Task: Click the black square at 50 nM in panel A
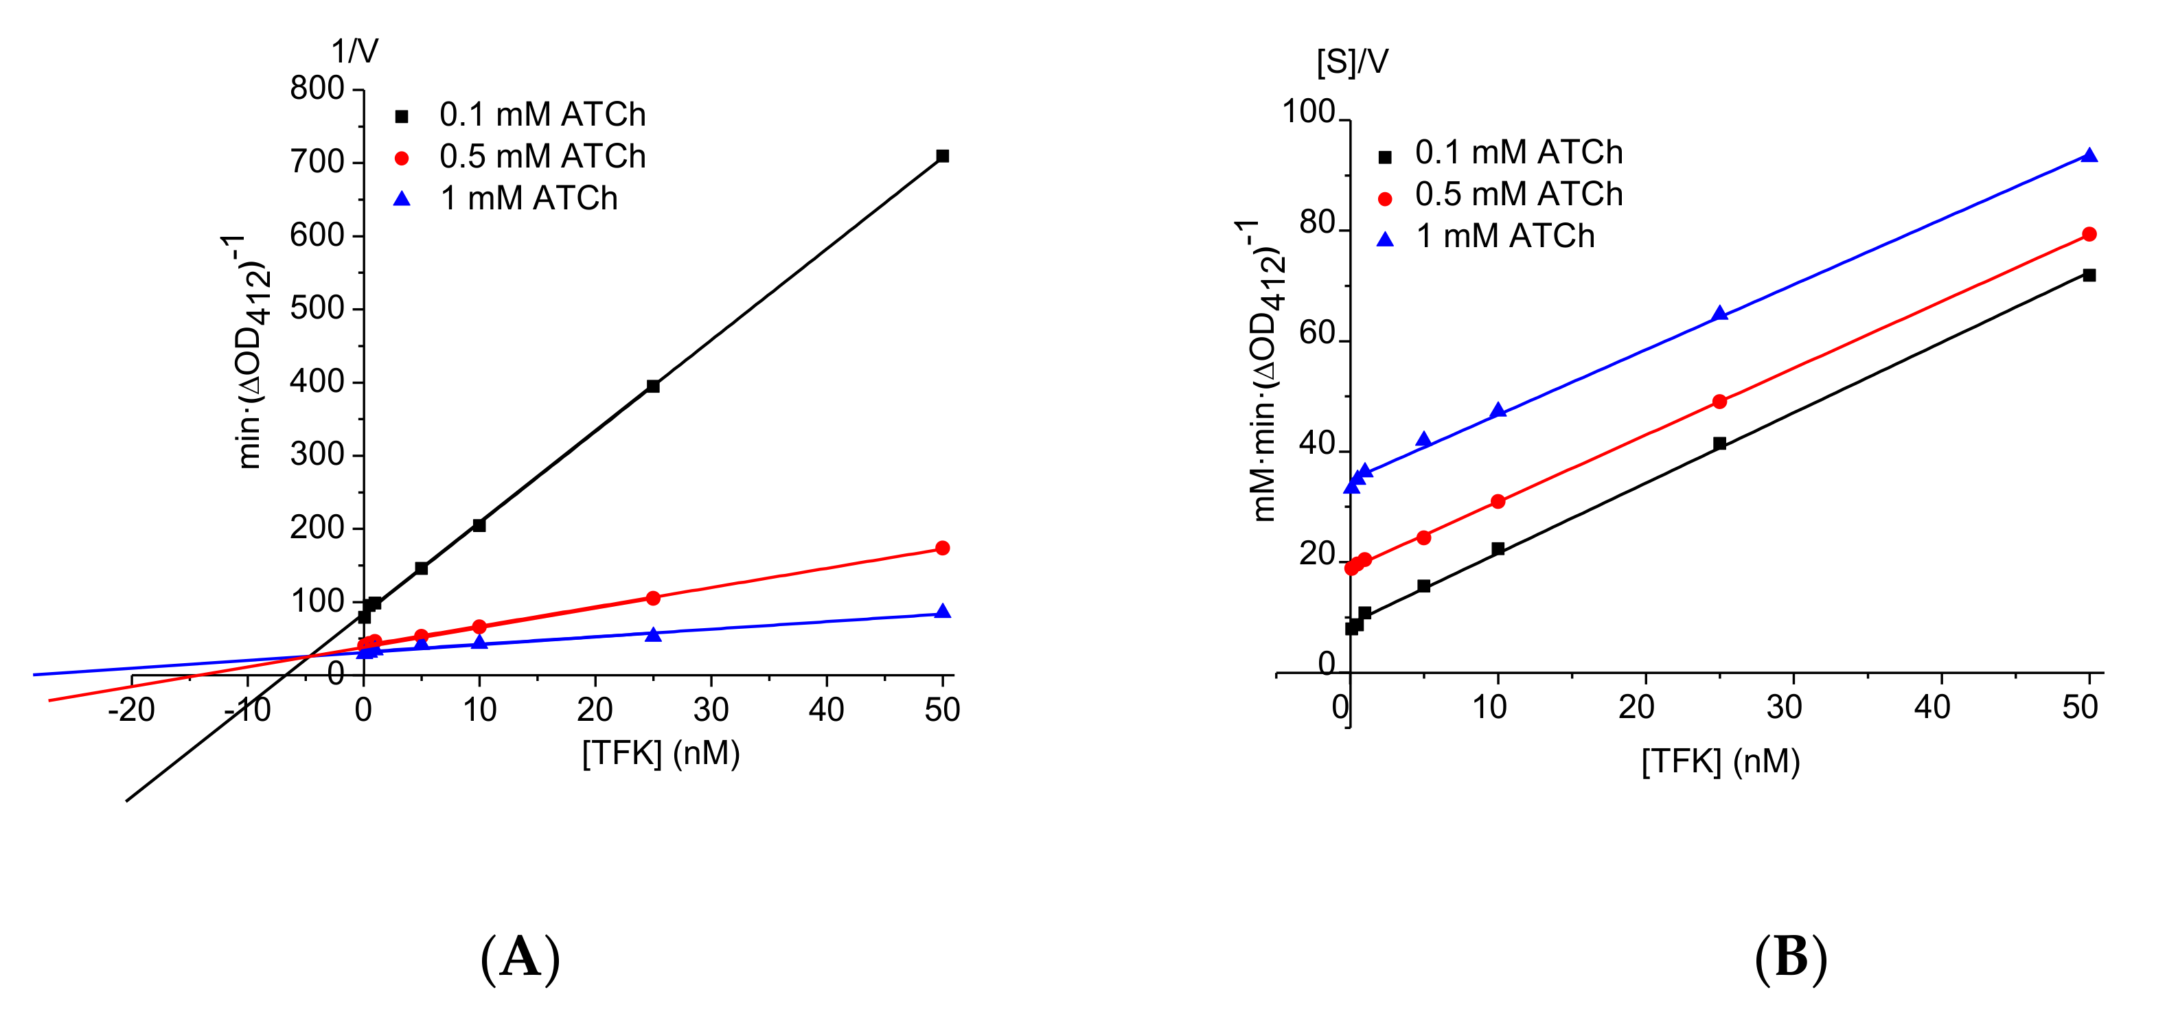tap(943, 157)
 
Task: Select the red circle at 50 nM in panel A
tap(943, 549)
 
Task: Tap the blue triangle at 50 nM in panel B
tap(2089, 156)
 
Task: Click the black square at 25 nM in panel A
tap(653, 386)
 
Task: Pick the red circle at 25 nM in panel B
tap(1719, 402)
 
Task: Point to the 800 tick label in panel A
tap(317, 89)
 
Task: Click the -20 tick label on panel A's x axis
tap(131, 710)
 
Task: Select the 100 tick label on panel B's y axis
tap(1308, 112)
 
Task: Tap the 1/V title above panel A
tap(354, 51)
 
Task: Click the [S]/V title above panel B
tap(1352, 62)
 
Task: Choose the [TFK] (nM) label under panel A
tap(661, 753)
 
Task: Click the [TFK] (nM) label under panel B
tap(1720, 761)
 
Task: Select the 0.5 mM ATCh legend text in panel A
tap(542, 157)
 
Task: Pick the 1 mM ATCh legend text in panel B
tap(1505, 237)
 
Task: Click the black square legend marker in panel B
tap(1385, 157)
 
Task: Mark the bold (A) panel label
tap(520, 958)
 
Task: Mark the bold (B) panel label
tap(1791, 958)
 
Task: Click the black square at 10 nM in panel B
tap(1498, 549)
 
